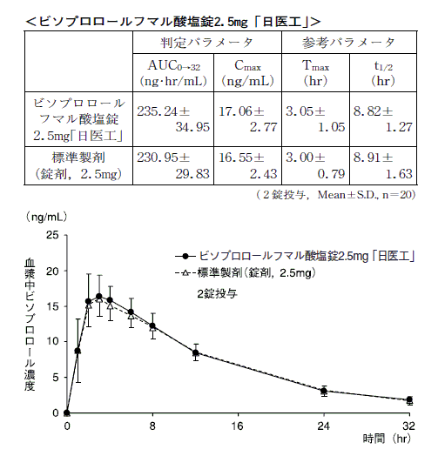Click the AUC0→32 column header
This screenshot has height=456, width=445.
tap(173, 73)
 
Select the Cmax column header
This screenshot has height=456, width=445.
tap(247, 73)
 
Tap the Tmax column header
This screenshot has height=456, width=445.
tap(315, 73)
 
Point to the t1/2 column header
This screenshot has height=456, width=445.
tap(383, 73)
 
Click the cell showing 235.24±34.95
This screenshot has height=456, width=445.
tap(173, 119)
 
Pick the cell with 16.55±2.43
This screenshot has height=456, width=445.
tap(247, 165)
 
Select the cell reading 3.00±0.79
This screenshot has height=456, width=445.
tap(315, 165)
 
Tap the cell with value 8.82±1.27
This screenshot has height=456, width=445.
tap(383, 119)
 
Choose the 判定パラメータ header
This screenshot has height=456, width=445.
tap(207, 43)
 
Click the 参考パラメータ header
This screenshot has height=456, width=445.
tap(348, 43)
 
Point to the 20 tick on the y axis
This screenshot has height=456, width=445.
tap(52, 272)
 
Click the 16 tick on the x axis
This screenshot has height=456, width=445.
tap(238, 426)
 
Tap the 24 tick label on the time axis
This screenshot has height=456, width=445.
tap(324, 426)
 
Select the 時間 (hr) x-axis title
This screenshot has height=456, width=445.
tap(387, 439)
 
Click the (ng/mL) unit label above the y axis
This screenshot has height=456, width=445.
tap(46, 217)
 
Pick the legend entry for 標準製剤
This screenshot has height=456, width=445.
tap(246, 273)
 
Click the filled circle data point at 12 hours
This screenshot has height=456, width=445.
tap(196, 352)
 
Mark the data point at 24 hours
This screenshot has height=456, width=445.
tap(324, 391)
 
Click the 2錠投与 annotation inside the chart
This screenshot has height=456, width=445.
tap(217, 294)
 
